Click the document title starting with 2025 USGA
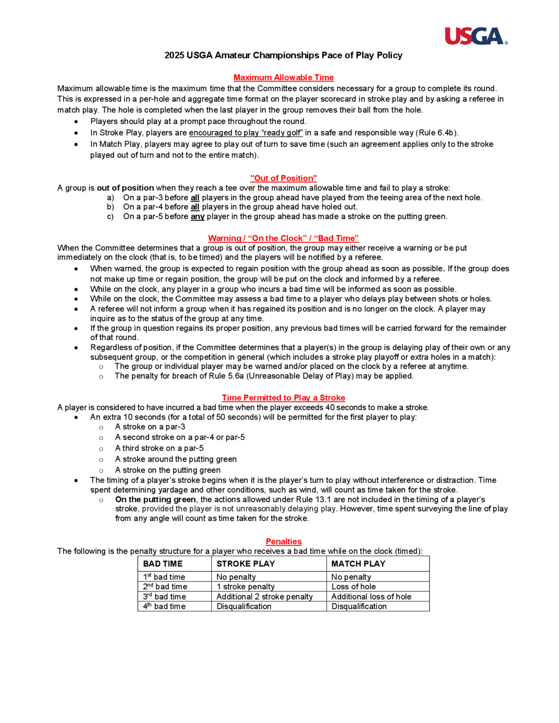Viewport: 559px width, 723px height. [283, 55]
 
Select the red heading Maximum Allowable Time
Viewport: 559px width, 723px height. [283, 77]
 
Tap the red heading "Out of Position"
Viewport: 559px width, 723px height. [283, 178]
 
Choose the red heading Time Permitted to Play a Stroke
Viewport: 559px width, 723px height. [283, 398]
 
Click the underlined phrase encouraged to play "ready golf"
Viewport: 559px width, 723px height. [246, 133]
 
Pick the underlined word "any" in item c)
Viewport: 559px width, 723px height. [197, 217]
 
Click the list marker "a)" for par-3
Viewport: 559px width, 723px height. [111, 198]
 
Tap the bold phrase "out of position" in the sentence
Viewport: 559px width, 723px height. [125, 188]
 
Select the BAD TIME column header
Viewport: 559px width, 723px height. [163, 564]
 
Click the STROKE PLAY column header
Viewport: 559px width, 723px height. [246, 564]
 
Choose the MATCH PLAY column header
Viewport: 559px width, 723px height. [358, 564]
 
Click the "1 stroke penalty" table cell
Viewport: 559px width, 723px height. [245, 587]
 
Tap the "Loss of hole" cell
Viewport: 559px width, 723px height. [354, 587]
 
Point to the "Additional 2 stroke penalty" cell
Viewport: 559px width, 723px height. [264, 596]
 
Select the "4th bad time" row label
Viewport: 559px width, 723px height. [164, 606]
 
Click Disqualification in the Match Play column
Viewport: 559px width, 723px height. [359, 606]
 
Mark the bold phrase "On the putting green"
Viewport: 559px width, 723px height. [155, 499]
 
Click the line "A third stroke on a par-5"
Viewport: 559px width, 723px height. [159, 448]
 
